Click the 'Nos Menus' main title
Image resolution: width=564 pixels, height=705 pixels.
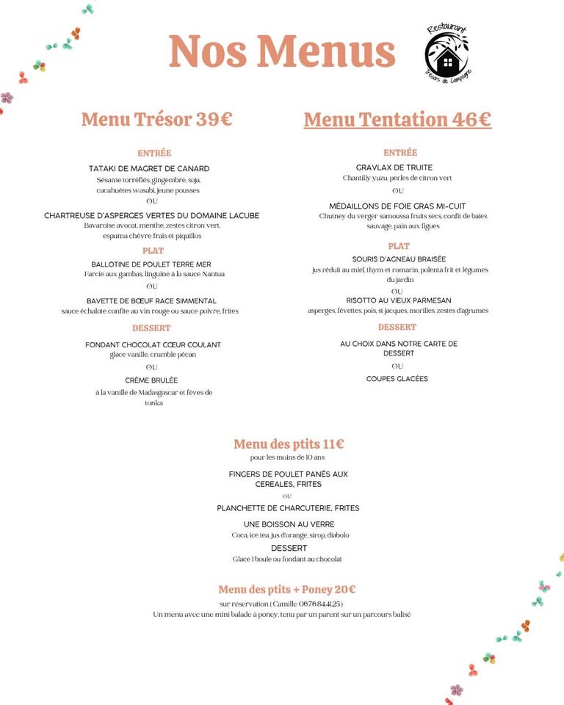(282, 51)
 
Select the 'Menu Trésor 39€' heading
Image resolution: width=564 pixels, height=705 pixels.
(156, 119)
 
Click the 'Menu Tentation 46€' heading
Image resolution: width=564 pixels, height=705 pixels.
(397, 119)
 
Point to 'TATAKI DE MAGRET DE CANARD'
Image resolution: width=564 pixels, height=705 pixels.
(149, 168)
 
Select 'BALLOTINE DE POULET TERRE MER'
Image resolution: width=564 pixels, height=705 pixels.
(151, 264)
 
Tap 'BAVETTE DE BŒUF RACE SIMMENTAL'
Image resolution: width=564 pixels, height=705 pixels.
(151, 301)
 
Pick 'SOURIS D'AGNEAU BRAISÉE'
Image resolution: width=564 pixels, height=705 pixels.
(399, 259)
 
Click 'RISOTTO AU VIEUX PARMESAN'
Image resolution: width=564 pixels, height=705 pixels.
(399, 300)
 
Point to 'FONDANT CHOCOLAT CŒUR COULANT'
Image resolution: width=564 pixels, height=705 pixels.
(153, 344)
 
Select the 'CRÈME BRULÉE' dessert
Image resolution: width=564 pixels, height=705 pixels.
(153, 380)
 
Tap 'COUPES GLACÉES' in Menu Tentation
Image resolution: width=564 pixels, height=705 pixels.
(397, 379)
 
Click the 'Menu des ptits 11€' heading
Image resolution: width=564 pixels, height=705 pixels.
(289, 444)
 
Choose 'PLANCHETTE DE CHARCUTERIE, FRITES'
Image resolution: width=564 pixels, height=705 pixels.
(288, 508)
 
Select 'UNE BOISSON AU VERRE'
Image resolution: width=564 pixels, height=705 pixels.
(289, 524)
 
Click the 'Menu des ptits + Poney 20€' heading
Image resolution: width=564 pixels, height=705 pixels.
(287, 589)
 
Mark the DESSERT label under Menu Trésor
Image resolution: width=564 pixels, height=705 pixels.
(151, 328)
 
